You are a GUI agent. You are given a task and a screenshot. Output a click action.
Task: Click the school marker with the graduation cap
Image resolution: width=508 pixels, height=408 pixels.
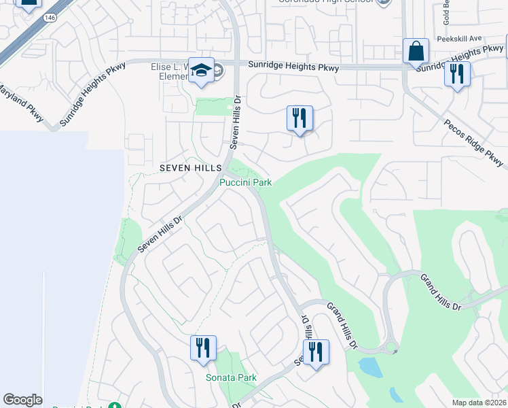point(201,71)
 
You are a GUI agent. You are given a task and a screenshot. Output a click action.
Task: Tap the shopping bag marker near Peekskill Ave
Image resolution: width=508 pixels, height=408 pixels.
point(416,52)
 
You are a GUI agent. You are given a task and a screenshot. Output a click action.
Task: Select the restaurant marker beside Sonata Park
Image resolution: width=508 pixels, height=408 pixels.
point(202,349)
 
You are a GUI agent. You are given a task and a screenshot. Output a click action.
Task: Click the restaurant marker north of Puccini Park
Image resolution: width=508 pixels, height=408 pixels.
point(299,119)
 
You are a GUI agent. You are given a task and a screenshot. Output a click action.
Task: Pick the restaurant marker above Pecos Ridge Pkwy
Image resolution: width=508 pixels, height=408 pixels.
point(457,74)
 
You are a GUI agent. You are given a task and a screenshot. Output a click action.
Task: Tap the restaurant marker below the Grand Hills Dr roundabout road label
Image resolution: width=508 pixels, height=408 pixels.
point(315,352)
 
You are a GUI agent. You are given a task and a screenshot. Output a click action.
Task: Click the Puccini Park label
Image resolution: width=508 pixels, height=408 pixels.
point(245,182)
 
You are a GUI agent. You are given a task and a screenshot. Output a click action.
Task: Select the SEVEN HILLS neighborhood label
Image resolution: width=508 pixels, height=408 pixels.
point(190,167)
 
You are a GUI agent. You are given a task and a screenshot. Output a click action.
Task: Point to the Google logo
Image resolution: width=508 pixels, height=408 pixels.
point(22,400)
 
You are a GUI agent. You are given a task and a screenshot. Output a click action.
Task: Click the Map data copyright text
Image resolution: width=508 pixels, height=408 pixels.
point(479,403)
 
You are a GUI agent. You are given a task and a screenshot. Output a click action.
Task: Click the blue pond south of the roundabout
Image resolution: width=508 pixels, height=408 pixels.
point(371,367)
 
